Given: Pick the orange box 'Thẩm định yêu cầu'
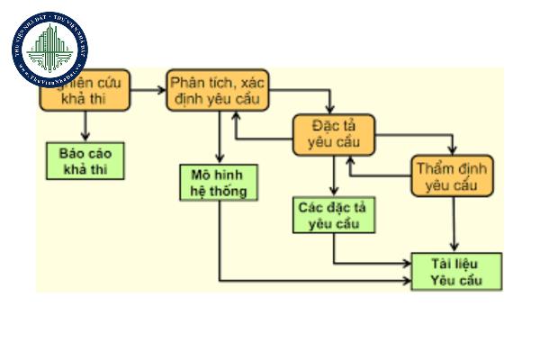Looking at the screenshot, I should [454, 176].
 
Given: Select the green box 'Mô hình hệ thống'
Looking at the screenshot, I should [218, 182].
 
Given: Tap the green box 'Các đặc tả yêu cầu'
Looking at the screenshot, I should [332, 215].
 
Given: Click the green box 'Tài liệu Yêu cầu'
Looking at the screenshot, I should [456, 273].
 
